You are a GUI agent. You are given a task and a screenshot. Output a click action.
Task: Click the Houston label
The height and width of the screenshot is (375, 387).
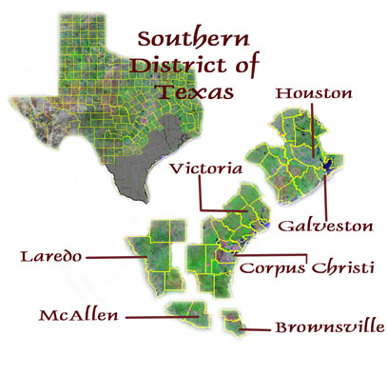313,94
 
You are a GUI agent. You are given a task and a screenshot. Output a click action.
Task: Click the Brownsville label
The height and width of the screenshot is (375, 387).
329,328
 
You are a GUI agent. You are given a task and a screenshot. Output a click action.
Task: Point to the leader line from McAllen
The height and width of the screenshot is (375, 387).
152,316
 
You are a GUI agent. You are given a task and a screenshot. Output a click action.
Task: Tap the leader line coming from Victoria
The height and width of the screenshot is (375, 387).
201,195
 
